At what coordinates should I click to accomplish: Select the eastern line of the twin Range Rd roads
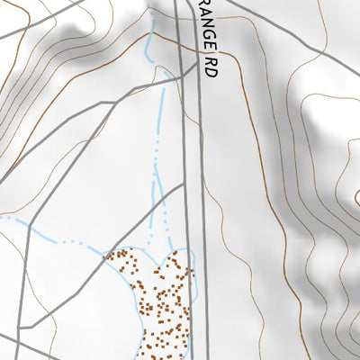pos(202,225)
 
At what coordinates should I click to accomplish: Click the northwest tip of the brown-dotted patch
pos(110,255)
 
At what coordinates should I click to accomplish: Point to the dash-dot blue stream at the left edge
pos(9,219)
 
